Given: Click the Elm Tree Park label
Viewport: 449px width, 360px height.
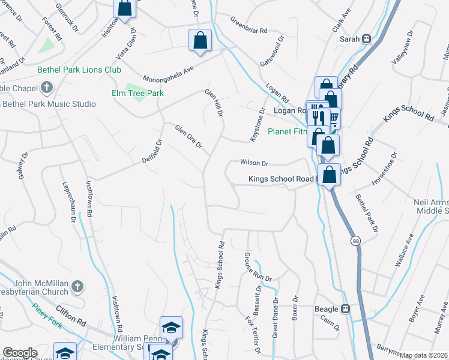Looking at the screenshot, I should click(137, 93).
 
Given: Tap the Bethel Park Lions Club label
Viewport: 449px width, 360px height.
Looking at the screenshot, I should click(79, 70).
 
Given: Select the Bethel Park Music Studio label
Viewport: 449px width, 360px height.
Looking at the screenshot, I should click(49, 104).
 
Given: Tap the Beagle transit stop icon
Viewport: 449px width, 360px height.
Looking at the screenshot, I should click(346, 309).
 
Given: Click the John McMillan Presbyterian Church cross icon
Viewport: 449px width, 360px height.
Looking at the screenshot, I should click(77, 287).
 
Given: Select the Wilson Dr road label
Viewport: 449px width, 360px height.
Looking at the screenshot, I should click(254, 162).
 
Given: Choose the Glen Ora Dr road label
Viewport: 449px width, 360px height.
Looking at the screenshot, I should click(188, 137).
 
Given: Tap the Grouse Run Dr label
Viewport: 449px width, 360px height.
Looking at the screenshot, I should click(258, 268).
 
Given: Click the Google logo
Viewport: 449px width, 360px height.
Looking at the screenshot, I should click(20, 353).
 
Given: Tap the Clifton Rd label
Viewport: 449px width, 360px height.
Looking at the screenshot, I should click(68, 312).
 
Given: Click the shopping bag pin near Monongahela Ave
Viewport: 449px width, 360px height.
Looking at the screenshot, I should click(200, 41).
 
